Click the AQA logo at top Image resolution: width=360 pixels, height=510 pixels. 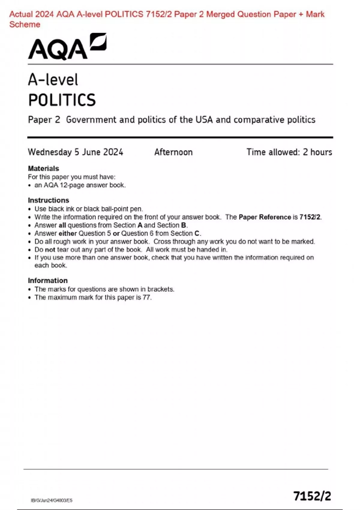click(x=67, y=47)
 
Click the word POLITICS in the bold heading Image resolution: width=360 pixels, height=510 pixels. click(x=62, y=100)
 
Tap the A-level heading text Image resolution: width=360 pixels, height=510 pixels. click(x=53, y=80)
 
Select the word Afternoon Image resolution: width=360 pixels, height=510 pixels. click(x=173, y=152)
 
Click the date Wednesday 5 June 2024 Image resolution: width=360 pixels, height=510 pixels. click(x=75, y=152)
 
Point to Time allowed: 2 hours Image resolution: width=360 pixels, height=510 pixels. click(x=289, y=152)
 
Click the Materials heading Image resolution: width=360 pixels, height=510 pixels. click(x=43, y=169)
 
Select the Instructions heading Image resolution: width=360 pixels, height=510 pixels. click(x=48, y=200)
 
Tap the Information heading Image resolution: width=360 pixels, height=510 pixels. click(x=48, y=281)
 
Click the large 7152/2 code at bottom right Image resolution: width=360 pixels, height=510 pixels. click(x=312, y=496)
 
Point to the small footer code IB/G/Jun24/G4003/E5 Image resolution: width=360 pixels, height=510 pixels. click(x=52, y=500)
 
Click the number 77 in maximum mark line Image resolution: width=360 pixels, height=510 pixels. click(x=147, y=298)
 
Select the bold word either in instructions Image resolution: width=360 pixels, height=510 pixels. click(x=67, y=233)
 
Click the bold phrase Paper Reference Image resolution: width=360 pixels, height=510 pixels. click(x=265, y=217)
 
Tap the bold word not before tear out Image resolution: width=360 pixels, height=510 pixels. click(x=50, y=250)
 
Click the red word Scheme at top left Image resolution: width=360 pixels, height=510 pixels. click(x=25, y=25)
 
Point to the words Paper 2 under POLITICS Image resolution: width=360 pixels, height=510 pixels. click(x=44, y=120)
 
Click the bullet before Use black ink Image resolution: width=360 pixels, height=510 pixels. click(x=29, y=209)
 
